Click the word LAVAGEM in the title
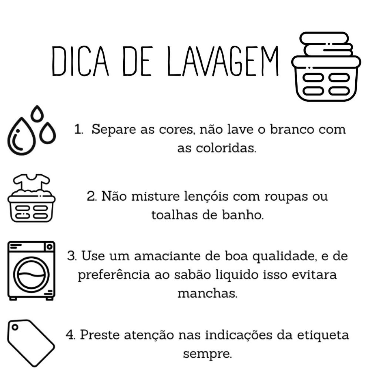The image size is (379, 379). pyautogui.click(x=223, y=61)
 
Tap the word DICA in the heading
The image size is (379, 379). pyautogui.click(x=80, y=61)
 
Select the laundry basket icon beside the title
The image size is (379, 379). pyautogui.click(x=326, y=66)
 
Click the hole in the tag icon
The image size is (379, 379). pyautogui.click(x=15, y=327)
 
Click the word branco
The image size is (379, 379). pyautogui.click(x=292, y=129)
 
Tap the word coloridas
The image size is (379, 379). pyautogui.click(x=226, y=148)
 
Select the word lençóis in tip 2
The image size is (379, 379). pyautogui.click(x=206, y=196)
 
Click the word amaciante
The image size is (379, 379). pyautogui.click(x=167, y=256)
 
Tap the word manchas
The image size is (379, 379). pyautogui.click(x=207, y=293)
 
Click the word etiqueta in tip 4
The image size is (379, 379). pyautogui.click(x=323, y=335)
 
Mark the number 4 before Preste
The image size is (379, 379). pyautogui.click(x=70, y=335)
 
